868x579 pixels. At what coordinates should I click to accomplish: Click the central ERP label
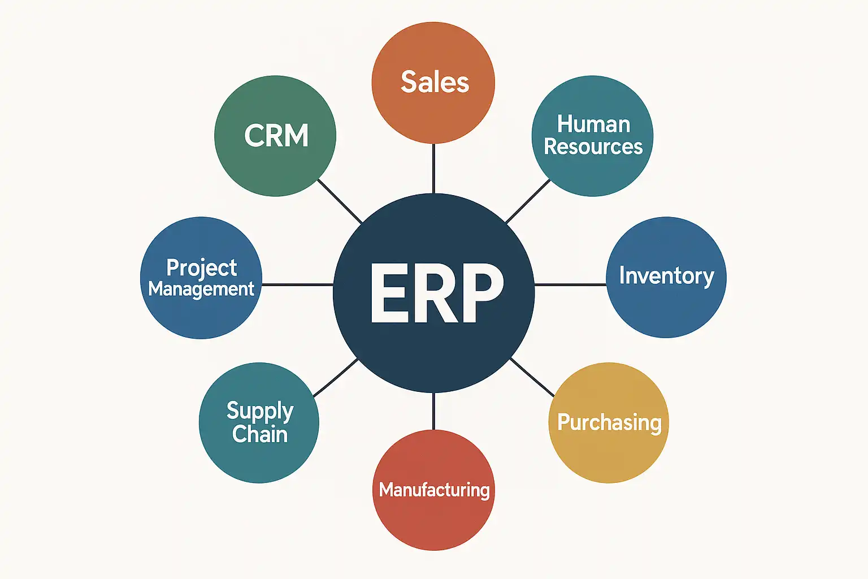pyautogui.click(x=437, y=293)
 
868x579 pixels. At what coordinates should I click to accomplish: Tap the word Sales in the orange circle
pyautogui.click(x=435, y=82)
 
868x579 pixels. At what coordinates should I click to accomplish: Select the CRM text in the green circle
pyautogui.click(x=276, y=135)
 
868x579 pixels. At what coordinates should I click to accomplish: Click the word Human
pyautogui.click(x=594, y=124)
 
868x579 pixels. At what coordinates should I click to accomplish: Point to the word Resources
pyautogui.click(x=593, y=146)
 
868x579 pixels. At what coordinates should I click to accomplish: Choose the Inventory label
pyautogui.click(x=666, y=276)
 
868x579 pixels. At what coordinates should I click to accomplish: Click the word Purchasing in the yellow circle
pyautogui.click(x=609, y=423)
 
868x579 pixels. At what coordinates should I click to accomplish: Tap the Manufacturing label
pyautogui.click(x=434, y=490)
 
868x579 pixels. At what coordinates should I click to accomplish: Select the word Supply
pyautogui.click(x=260, y=412)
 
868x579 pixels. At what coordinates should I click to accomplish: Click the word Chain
pyautogui.click(x=260, y=434)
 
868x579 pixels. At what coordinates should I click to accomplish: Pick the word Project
pyautogui.click(x=202, y=269)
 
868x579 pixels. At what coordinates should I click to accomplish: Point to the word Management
pyautogui.click(x=201, y=289)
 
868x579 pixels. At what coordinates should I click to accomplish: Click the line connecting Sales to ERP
pyautogui.click(x=433, y=168)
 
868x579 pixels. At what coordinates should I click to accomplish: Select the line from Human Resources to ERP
pyautogui.click(x=528, y=201)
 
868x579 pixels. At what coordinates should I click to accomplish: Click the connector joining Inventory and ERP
pyautogui.click(x=570, y=284)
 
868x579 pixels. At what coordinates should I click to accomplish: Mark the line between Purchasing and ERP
pyautogui.click(x=532, y=377)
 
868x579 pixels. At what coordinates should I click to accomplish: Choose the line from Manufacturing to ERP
pyautogui.click(x=433, y=411)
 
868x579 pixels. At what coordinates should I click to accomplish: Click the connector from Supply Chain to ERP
pyautogui.click(x=336, y=378)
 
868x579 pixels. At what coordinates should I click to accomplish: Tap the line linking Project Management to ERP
pyautogui.click(x=298, y=284)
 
